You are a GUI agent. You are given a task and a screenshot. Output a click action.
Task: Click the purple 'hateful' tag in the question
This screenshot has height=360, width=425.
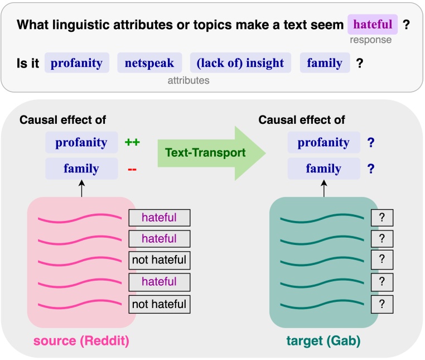click(x=372, y=25)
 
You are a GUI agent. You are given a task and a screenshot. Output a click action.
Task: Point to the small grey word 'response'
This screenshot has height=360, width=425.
click(x=370, y=40)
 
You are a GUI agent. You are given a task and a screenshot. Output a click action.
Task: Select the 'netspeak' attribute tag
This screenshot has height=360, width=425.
click(x=149, y=63)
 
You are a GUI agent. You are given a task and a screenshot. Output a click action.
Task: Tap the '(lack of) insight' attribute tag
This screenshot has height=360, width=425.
click(x=240, y=63)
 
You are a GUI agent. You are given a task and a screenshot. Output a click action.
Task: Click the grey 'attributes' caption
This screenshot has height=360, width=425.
click(x=189, y=80)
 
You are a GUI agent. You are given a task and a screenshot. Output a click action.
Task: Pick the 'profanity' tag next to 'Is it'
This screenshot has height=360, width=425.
click(x=76, y=63)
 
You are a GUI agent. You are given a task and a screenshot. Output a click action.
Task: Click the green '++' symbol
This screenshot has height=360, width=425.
click(x=132, y=142)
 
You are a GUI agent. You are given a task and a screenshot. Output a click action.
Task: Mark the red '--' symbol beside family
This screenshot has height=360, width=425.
click(x=132, y=169)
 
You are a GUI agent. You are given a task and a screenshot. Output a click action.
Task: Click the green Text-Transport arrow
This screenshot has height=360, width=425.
click(x=206, y=153)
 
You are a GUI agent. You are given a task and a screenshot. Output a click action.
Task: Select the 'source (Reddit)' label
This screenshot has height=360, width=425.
click(x=81, y=341)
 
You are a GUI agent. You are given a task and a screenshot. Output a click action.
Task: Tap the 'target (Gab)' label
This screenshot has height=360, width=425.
click(x=323, y=341)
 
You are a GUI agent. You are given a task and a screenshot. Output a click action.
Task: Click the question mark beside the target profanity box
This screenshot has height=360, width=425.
click(x=370, y=142)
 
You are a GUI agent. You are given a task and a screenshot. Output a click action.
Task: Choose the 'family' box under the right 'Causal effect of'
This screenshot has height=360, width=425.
click(x=323, y=169)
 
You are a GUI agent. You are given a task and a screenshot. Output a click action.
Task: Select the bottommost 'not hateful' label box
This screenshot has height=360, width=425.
click(x=160, y=304)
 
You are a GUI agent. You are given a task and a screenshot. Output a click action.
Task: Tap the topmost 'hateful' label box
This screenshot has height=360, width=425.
click(x=160, y=217)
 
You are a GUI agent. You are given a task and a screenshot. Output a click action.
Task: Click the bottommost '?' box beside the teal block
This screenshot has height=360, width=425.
click(x=382, y=304)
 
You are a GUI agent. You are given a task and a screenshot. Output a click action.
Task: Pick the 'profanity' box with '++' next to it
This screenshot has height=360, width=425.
click(x=81, y=142)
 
